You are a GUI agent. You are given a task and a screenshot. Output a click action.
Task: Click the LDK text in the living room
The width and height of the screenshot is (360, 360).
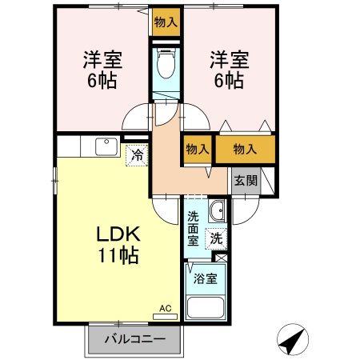click(119, 235)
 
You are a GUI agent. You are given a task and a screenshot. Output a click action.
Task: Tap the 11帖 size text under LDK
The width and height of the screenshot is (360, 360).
click(119, 256)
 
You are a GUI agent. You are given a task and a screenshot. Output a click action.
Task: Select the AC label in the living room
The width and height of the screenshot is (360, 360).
click(165, 307)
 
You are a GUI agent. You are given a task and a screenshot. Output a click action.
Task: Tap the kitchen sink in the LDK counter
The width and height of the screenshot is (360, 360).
click(106, 146)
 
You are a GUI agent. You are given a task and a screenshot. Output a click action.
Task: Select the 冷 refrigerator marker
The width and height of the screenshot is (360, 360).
click(138, 154)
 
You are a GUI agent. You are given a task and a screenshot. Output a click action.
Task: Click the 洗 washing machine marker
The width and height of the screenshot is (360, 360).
click(216, 238)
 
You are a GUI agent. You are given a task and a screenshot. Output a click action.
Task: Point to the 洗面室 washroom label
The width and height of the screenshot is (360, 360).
click(194, 227)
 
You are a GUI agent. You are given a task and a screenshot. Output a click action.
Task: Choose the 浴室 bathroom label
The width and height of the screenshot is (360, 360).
click(205, 279)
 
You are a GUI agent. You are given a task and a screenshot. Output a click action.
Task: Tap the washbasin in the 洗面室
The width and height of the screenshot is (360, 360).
click(215, 212)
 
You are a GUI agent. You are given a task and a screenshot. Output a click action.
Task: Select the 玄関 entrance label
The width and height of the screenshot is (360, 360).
click(246, 180)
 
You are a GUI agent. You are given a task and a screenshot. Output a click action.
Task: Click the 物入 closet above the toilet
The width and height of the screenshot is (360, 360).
click(166, 22)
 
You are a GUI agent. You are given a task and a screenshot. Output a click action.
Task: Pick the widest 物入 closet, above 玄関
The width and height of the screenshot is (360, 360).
click(245, 150)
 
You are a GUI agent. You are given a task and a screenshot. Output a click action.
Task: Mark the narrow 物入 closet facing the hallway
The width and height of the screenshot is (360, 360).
click(197, 150)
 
